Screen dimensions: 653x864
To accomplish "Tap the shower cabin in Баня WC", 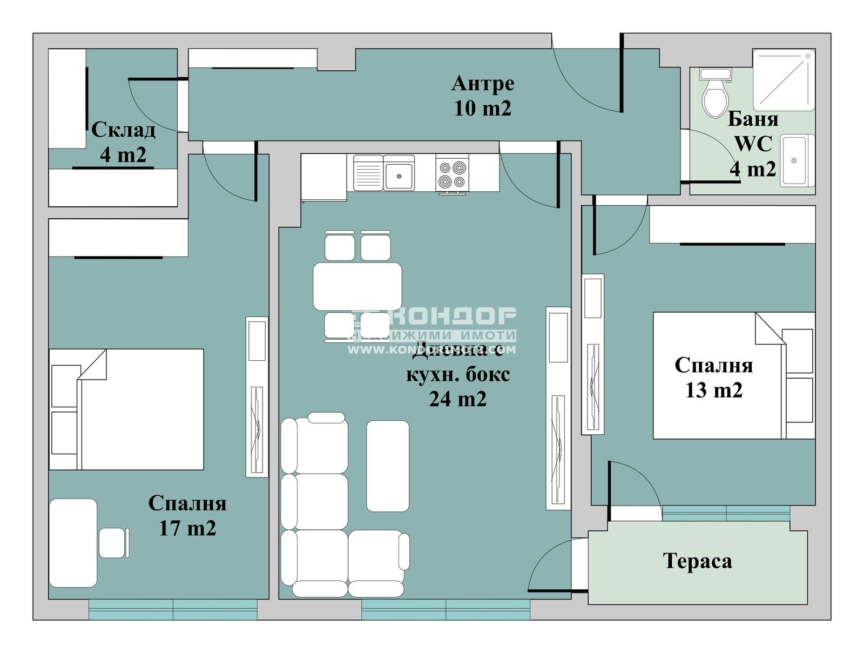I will point(783,79).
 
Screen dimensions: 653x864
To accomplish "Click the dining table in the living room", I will point(357,286).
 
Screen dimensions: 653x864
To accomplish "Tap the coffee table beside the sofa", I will point(387,466).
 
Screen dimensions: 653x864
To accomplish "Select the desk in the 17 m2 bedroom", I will point(73,542).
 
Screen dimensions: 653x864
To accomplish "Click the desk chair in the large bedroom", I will point(112,542).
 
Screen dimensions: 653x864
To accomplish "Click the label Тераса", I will point(697,561).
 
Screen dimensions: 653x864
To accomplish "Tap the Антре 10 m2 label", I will point(482,96).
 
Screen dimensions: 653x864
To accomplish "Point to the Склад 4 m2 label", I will point(123,142).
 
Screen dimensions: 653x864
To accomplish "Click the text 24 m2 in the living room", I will point(457,399).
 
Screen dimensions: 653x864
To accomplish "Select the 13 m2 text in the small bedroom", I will point(713,390).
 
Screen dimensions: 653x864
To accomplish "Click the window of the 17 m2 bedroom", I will point(173,609).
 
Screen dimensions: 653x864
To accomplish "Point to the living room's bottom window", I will point(446,609).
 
